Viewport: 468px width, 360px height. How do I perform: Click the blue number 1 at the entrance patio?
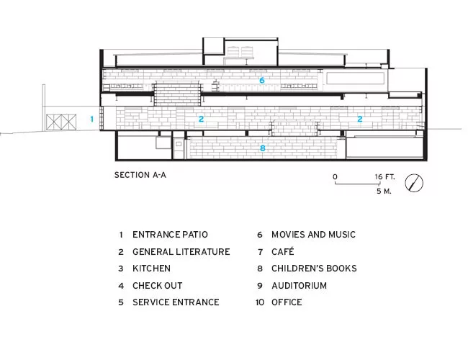click(92, 119)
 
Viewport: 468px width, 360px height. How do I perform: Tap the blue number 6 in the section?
click(262, 81)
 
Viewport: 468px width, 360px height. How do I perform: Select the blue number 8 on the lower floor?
click(262, 148)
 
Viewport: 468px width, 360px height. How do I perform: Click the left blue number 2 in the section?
click(201, 119)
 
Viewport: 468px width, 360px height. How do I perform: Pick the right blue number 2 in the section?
click(360, 119)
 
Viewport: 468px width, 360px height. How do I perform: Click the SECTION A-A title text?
click(140, 175)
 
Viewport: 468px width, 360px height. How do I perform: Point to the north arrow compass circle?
click(414, 183)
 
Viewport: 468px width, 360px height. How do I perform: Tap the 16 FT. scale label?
click(384, 176)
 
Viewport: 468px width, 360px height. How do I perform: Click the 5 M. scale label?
click(384, 191)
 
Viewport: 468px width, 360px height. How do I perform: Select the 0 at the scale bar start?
click(335, 176)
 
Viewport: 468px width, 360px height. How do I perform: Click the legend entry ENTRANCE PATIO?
click(170, 234)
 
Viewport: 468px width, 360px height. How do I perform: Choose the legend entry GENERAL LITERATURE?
click(181, 252)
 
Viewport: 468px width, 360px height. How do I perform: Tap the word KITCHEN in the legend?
click(151, 269)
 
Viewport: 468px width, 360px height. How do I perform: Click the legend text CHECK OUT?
click(157, 286)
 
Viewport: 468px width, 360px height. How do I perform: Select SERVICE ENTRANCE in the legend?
click(176, 302)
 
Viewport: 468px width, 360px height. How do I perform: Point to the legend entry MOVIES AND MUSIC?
click(313, 234)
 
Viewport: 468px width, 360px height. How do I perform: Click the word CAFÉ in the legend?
click(283, 251)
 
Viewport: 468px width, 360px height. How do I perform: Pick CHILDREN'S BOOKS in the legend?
click(314, 269)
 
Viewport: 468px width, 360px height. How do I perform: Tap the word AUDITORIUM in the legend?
click(299, 286)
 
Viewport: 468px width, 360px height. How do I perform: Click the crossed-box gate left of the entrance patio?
click(61, 122)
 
